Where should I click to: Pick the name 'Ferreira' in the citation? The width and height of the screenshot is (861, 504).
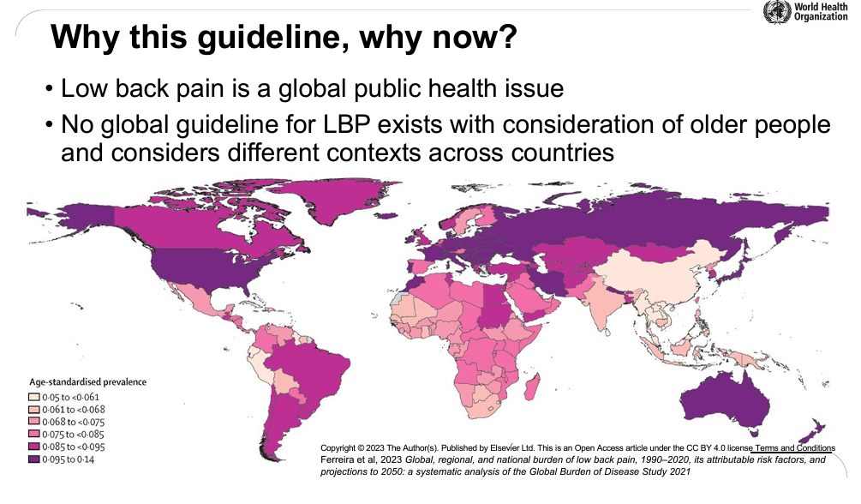(338, 460)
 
